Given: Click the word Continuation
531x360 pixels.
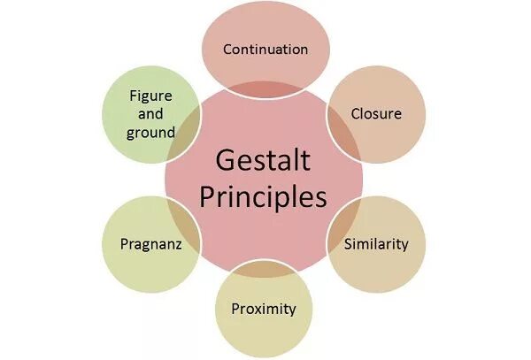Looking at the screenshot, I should click(265, 50).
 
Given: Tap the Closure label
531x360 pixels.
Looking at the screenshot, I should click(376, 114).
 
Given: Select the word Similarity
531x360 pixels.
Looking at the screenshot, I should click(376, 243).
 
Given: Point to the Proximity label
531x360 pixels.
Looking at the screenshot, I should click(263, 309).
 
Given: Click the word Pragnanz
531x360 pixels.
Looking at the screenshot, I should click(151, 243).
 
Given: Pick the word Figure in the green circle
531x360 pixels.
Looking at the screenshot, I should click(150, 96).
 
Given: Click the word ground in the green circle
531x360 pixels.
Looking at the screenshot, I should click(150, 133).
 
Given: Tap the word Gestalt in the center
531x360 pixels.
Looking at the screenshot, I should click(263, 162).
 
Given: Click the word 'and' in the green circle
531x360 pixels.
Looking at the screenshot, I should click(150, 114).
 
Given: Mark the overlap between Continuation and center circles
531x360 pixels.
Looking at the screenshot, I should click(265, 87).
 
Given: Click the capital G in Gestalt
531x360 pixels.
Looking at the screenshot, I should click(225, 162).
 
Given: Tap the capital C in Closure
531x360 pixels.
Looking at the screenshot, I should click(356, 114).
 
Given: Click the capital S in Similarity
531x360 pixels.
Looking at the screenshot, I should click(348, 243).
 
